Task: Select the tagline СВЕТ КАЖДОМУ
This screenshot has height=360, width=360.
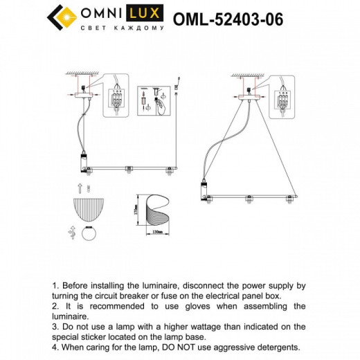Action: [122, 28]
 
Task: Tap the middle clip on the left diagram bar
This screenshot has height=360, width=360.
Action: [127, 168]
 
